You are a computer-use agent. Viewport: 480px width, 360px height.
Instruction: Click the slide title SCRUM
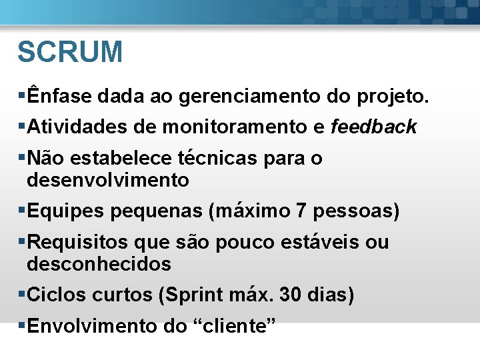pyautogui.click(x=70, y=52)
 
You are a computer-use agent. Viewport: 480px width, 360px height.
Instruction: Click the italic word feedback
pyautogui.click(x=374, y=127)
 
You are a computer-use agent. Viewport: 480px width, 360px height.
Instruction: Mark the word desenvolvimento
pyautogui.click(x=108, y=180)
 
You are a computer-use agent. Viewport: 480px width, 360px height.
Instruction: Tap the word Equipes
pyautogui.click(x=65, y=211)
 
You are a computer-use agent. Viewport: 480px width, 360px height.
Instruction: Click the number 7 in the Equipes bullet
pyautogui.click(x=301, y=211)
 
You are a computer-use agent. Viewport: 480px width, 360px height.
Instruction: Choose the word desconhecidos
pyautogui.click(x=99, y=264)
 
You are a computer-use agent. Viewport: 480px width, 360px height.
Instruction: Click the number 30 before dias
pyautogui.click(x=292, y=295)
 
